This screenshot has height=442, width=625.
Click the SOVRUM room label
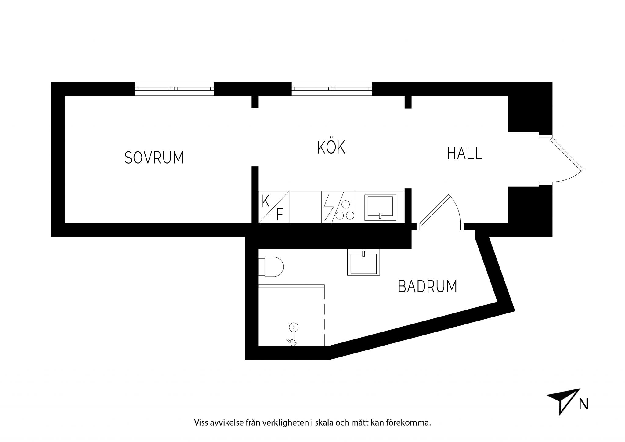(154, 158)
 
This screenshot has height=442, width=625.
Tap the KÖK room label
(331, 148)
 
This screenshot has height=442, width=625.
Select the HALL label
(464, 153)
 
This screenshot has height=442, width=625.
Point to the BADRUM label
(428, 286)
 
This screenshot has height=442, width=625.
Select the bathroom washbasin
(364, 262)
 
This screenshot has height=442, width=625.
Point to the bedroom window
(174, 89)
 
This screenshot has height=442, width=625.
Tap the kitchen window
(332, 89)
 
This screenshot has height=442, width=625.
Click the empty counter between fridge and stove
(305, 207)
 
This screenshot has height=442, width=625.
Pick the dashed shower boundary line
(324, 316)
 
